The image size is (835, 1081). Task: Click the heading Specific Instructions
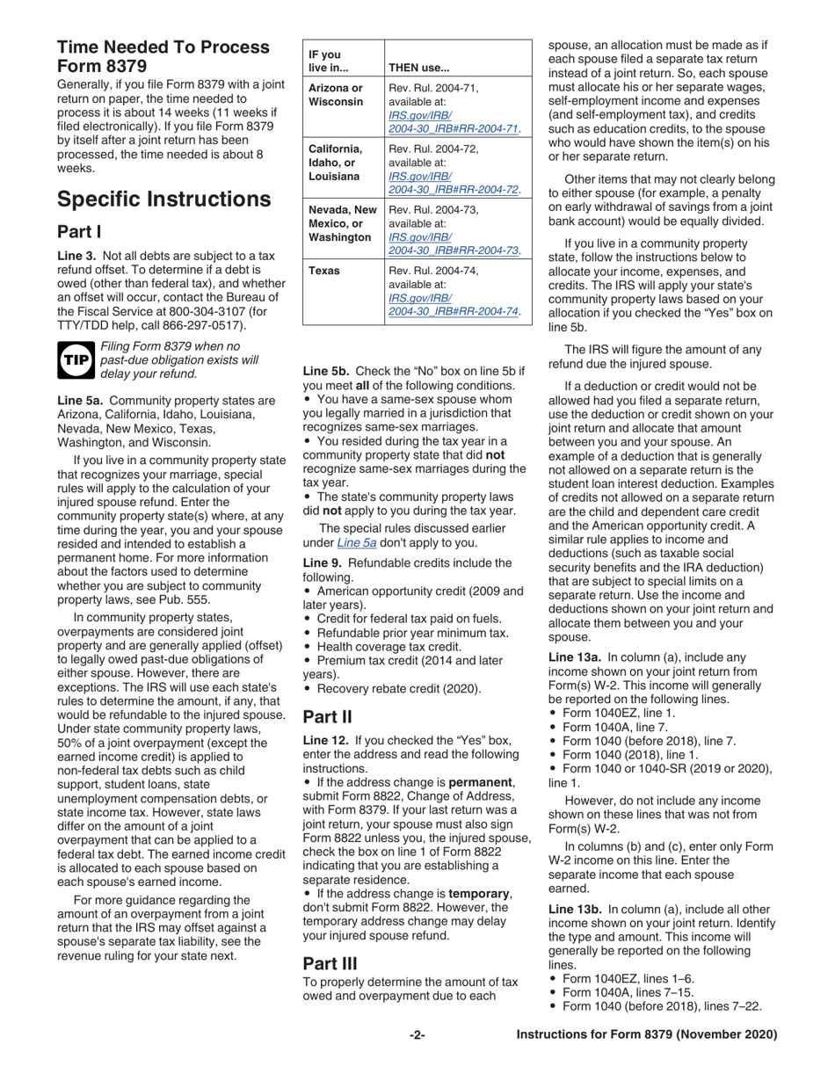click(x=163, y=200)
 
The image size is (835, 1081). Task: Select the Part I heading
click(x=79, y=233)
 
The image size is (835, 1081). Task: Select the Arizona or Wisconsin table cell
click(x=335, y=95)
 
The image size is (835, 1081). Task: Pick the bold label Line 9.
click(x=327, y=562)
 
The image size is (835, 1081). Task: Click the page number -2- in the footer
click(x=417, y=1034)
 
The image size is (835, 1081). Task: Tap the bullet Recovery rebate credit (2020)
click(x=397, y=688)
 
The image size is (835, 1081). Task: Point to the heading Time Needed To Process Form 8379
click(x=163, y=56)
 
